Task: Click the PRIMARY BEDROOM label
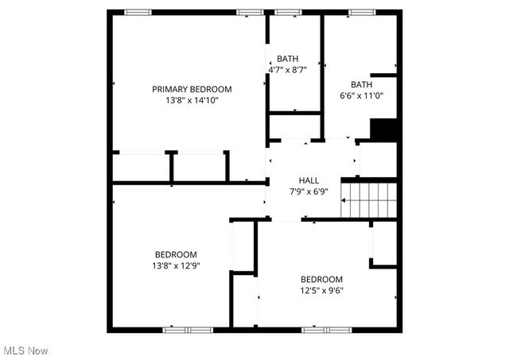(192, 89)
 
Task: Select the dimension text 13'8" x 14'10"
(192, 101)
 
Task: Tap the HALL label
(309, 180)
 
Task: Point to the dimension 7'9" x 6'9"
(309, 192)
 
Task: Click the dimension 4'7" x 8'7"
(288, 70)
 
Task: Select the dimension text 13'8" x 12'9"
(177, 265)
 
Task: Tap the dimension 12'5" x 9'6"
(321, 291)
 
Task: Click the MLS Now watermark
(25, 350)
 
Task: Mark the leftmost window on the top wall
(138, 12)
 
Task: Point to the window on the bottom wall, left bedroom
(187, 328)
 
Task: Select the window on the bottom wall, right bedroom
(326, 328)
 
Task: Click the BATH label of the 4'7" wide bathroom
(288, 59)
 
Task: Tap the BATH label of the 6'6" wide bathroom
(362, 84)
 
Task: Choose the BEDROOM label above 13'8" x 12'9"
(177, 254)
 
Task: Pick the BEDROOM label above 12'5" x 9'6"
(321, 279)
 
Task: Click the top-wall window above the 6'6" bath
(362, 12)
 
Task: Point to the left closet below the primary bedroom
(141, 168)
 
